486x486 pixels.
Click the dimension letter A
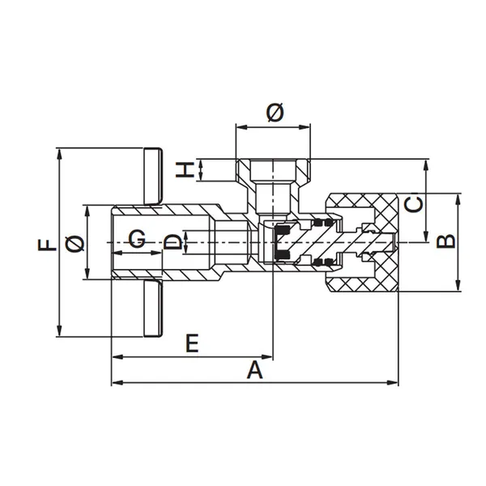click(255, 370)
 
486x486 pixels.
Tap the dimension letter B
click(446, 241)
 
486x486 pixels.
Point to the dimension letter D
click(173, 242)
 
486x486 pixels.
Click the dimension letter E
click(192, 343)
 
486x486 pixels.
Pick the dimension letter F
click(47, 245)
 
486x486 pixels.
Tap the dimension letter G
click(137, 238)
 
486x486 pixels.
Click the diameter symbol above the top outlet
click(275, 113)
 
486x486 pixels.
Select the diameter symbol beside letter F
click(75, 243)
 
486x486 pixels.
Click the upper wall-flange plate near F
click(153, 176)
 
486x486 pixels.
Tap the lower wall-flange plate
click(153, 308)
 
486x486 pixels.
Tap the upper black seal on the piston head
click(282, 230)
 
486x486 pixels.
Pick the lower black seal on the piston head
click(282, 254)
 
